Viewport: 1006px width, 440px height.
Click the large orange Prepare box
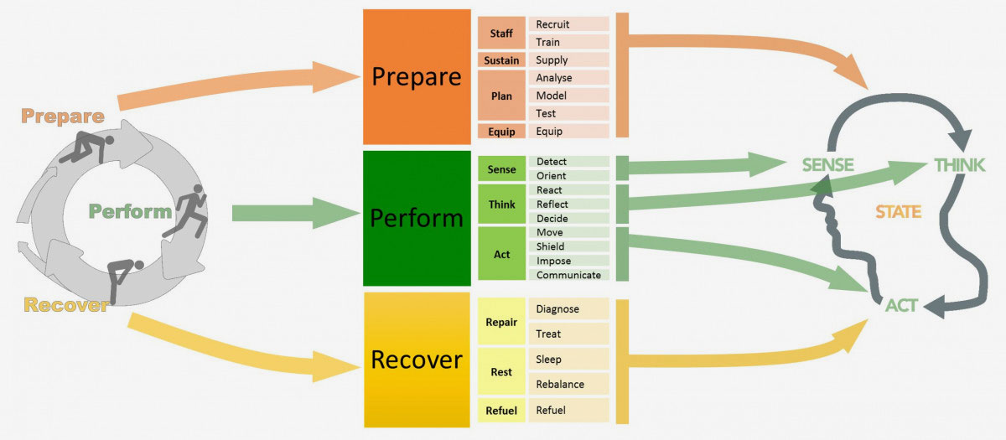(x=417, y=77)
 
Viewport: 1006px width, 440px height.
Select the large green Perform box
(x=417, y=219)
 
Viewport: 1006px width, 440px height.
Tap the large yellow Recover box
(x=417, y=360)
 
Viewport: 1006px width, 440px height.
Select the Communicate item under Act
(x=569, y=275)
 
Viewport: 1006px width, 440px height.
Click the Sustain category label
(x=501, y=60)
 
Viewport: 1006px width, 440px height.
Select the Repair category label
(x=501, y=322)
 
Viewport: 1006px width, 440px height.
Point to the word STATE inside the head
(x=898, y=213)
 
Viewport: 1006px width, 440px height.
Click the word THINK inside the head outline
(x=960, y=166)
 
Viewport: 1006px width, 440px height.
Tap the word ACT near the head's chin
(x=901, y=307)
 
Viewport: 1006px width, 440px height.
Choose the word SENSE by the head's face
(x=827, y=166)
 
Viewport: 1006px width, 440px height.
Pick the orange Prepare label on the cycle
(x=63, y=116)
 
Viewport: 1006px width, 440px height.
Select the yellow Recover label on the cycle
(x=66, y=305)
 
